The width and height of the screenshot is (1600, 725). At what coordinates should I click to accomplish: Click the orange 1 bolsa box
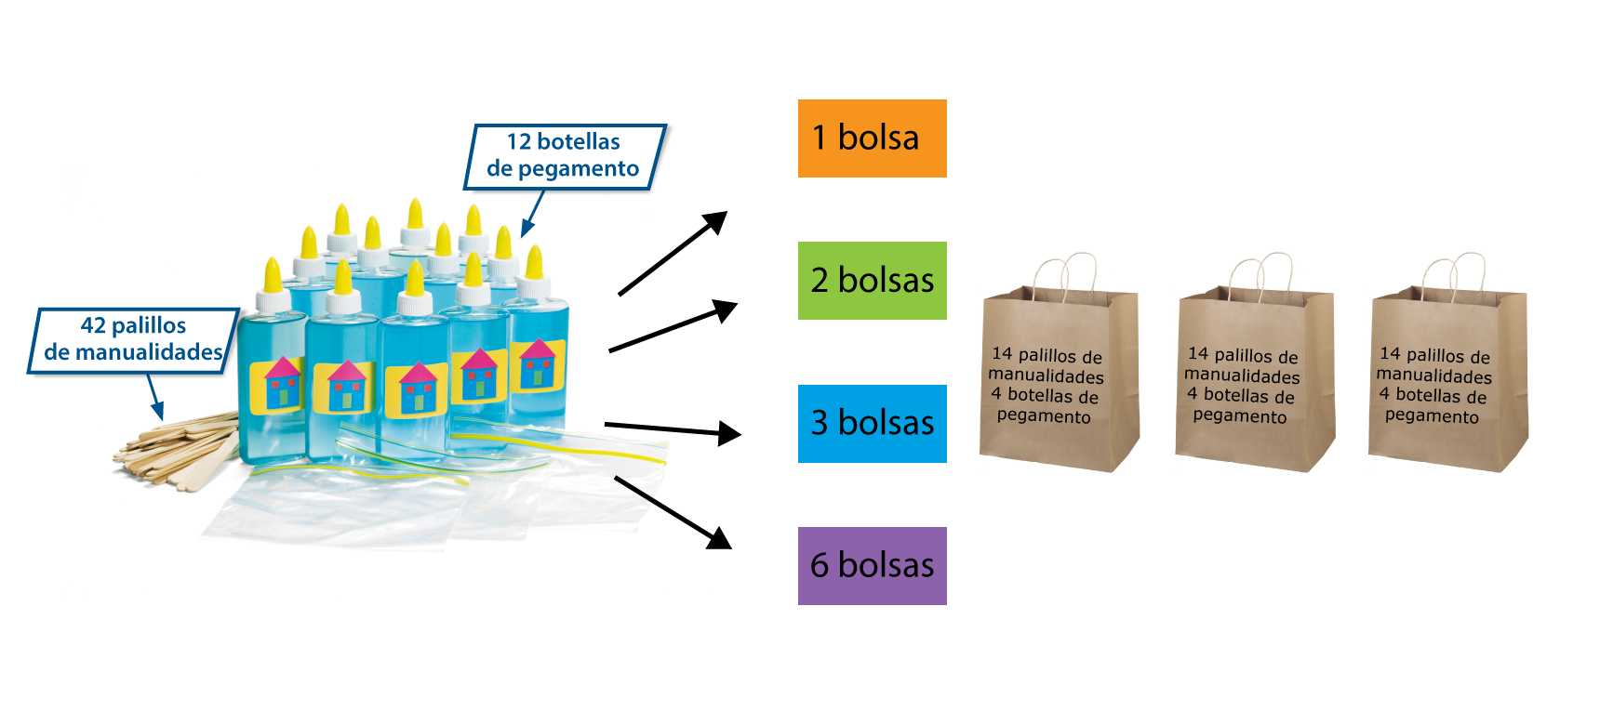[x=872, y=138]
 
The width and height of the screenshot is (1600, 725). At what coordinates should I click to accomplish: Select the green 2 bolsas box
[x=872, y=281]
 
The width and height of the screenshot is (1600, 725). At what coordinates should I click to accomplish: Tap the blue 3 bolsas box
[x=872, y=424]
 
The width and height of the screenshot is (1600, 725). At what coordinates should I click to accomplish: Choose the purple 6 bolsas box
[x=872, y=566]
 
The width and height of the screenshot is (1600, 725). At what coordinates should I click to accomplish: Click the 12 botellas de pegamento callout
[x=564, y=156]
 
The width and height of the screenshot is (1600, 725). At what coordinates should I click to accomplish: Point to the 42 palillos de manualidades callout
[x=133, y=340]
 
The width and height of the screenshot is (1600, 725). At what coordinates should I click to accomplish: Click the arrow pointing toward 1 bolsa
[x=673, y=253]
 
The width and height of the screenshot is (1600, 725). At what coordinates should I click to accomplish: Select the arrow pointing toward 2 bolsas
[x=673, y=326]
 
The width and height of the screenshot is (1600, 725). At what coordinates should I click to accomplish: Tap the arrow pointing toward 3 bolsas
[x=673, y=428]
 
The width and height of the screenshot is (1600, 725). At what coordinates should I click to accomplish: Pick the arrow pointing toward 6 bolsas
[x=673, y=512]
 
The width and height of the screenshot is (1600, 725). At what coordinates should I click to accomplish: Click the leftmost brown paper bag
[x=1059, y=381]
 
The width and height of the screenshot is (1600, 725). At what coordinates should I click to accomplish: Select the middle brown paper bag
[x=1254, y=381]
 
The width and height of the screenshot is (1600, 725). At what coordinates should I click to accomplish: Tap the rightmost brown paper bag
[x=1447, y=381]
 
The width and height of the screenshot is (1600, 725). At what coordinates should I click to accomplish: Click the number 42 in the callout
[x=93, y=326]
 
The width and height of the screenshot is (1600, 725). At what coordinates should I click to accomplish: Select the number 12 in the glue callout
[x=518, y=142]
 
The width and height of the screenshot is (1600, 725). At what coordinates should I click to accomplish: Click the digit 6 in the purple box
[x=820, y=566]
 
